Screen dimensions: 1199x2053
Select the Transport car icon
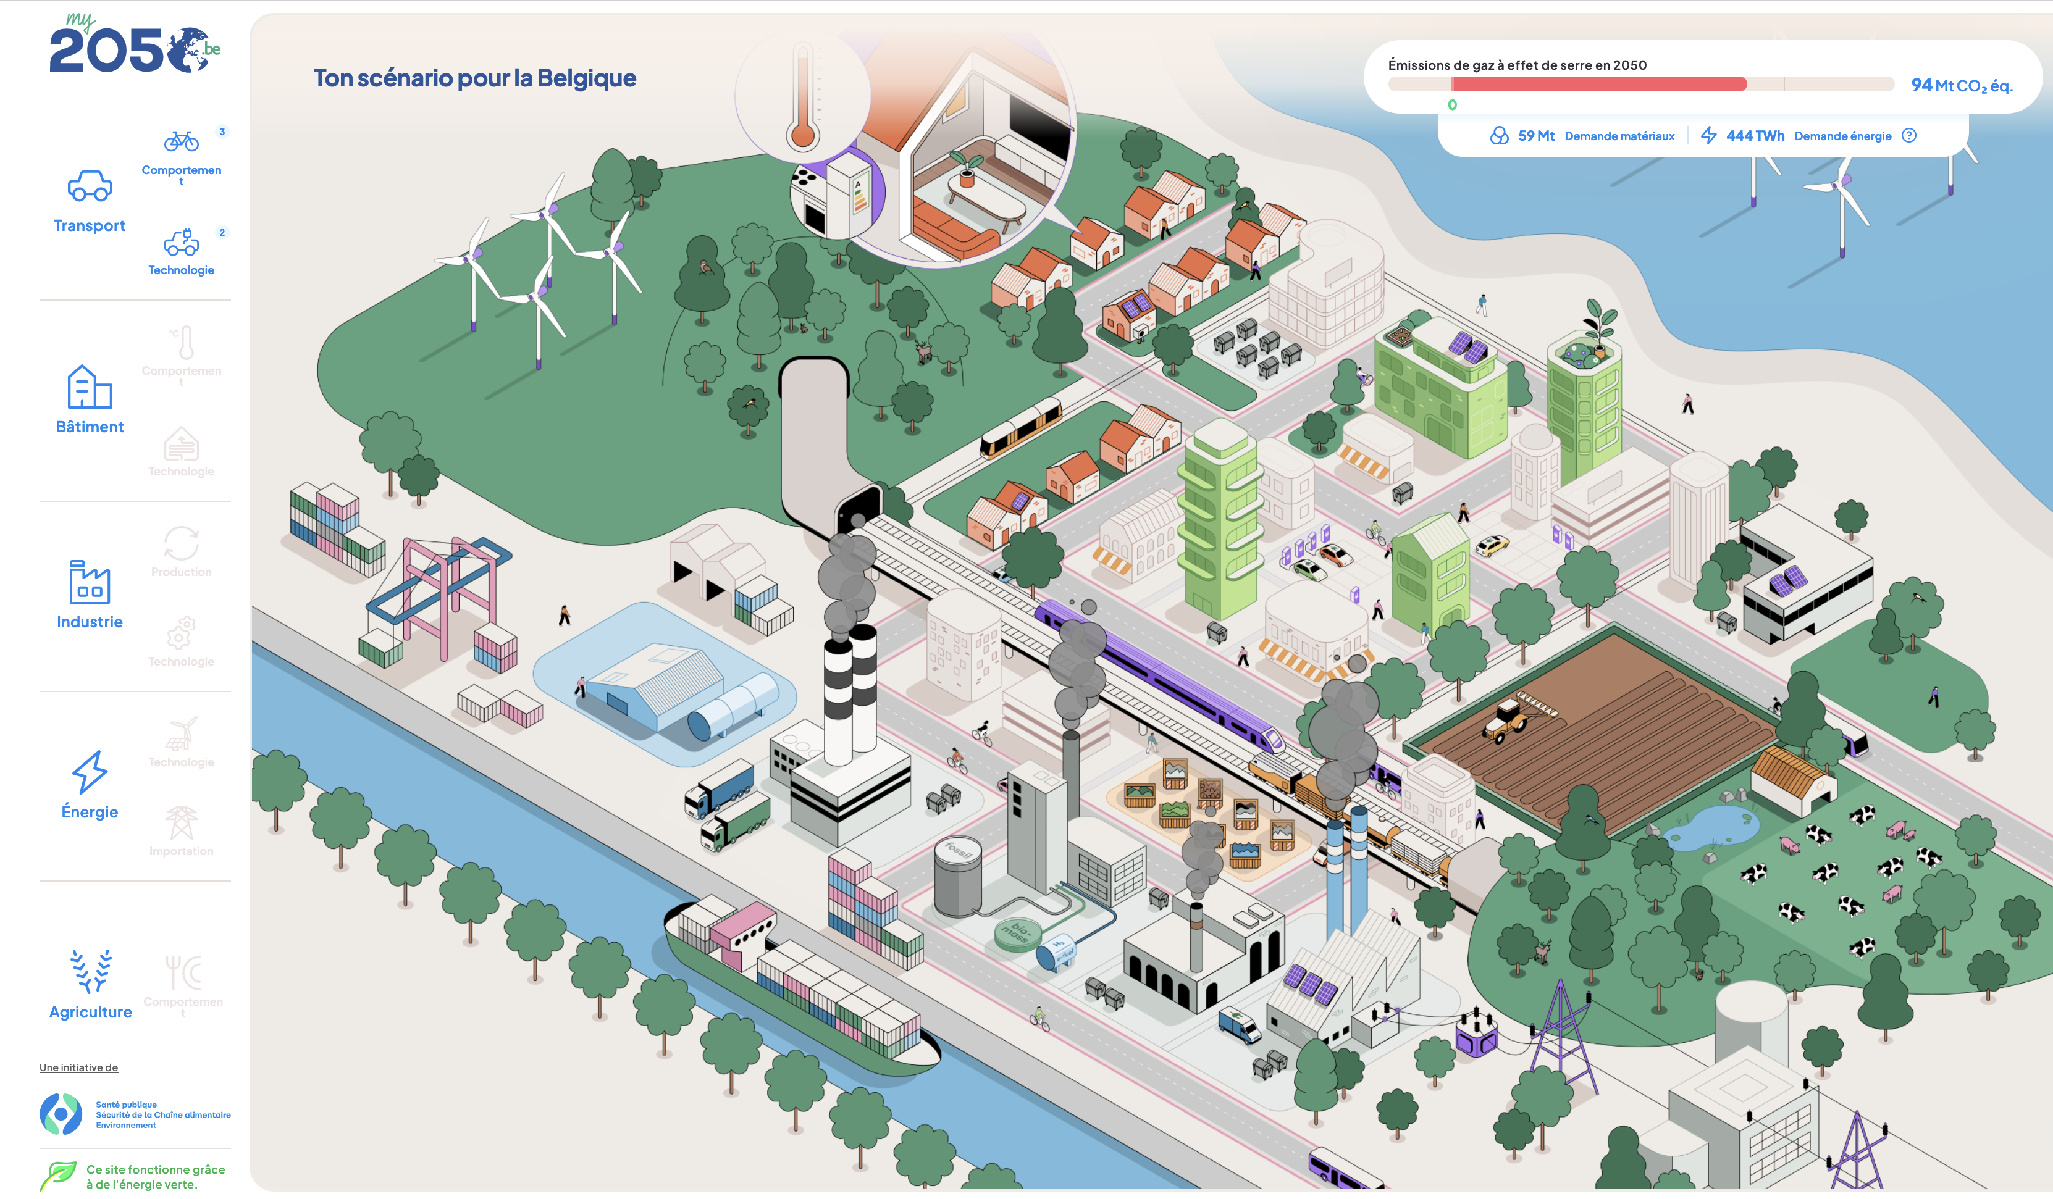coord(90,186)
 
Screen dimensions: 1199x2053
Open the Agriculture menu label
coord(90,1013)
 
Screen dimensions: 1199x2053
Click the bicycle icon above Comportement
coord(181,142)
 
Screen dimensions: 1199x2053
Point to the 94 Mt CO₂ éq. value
coord(1962,86)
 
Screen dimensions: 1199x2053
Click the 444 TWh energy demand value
coord(1755,136)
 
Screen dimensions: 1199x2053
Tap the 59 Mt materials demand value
coord(1535,136)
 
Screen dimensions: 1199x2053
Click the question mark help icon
coord(1909,136)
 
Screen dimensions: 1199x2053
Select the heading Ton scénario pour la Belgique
coord(474,78)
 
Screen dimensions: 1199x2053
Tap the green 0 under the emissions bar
coord(1452,105)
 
